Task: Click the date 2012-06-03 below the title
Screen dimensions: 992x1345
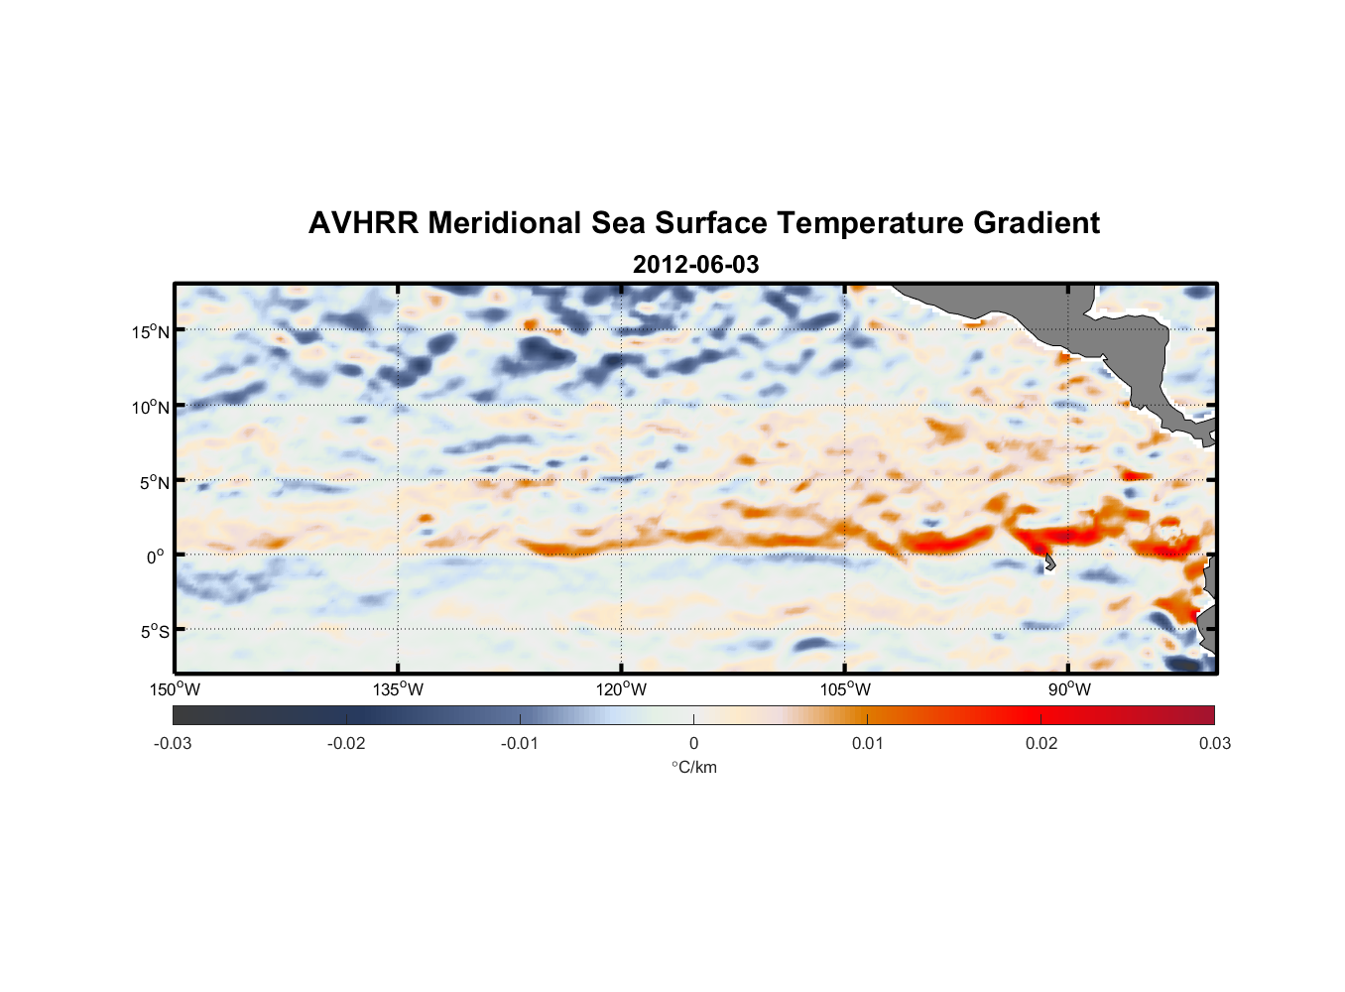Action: [695, 265]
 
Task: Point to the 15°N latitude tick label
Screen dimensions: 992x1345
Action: [151, 331]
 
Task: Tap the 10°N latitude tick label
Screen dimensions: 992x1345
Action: [151, 407]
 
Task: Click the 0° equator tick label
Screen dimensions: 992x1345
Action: [156, 557]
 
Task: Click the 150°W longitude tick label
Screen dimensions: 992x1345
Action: [175, 689]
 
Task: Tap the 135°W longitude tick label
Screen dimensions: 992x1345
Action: [398, 689]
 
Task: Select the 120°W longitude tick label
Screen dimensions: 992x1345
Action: [622, 689]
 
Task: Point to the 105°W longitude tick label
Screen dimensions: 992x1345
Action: [845, 689]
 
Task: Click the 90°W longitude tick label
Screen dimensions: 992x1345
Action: [1069, 689]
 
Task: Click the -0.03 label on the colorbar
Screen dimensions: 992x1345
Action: [173, 744]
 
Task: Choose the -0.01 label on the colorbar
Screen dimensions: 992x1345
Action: [520, 744]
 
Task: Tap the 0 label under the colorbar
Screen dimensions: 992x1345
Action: [693, 744]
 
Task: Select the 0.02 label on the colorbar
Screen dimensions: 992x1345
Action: [1041, 744]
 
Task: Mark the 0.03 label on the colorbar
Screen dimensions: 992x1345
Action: [1214, 744]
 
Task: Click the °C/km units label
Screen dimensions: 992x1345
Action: [693, 767]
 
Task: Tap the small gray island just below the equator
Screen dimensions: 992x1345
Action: [1049, 563]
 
